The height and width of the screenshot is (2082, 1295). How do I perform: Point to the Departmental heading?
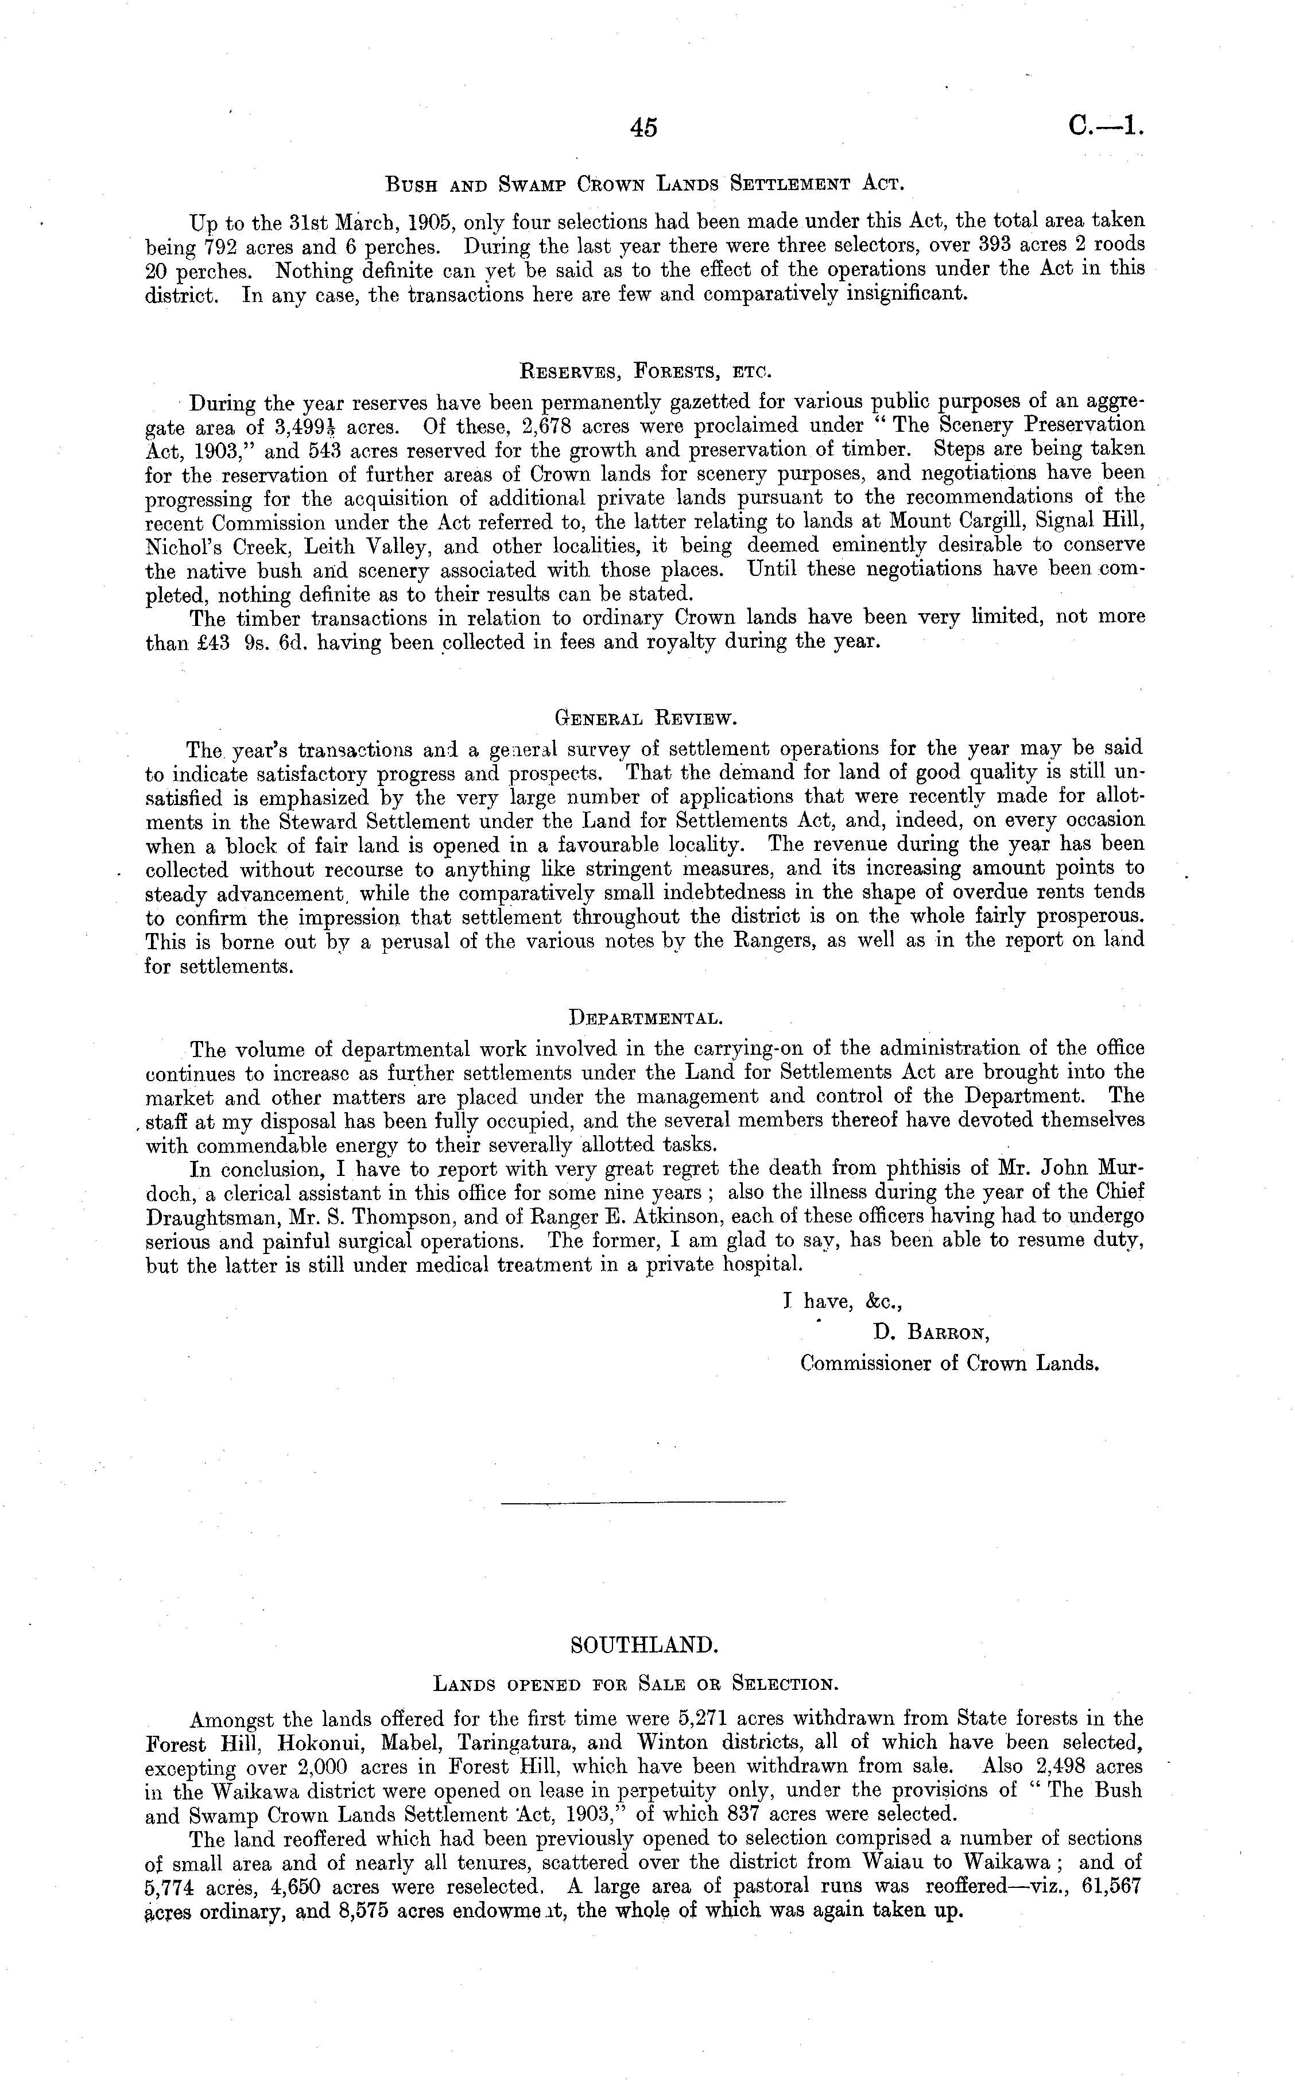click(646, 1018)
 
